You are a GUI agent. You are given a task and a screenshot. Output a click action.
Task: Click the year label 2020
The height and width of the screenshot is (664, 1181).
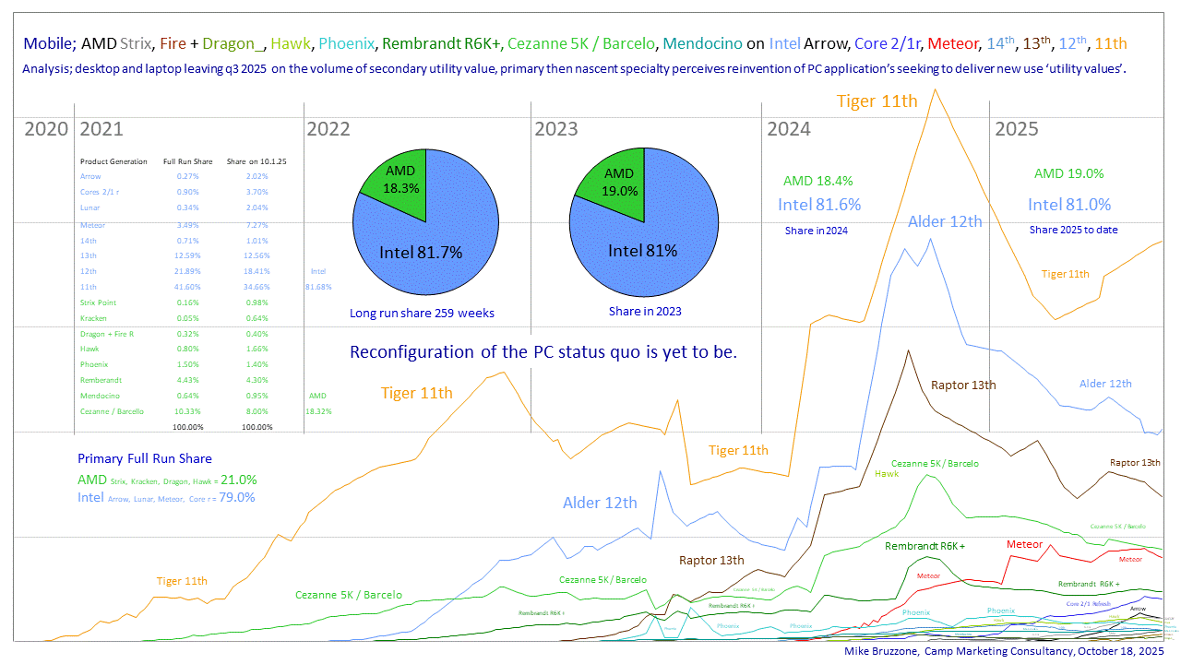(x=46, y=129)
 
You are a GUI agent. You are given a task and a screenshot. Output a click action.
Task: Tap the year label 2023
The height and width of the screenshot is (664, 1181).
(x=556, y=129)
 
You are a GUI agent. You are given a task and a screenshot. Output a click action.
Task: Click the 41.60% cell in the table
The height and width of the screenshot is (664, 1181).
(x=188, y=287)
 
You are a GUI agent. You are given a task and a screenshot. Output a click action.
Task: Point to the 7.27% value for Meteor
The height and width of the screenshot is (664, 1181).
(x=245, y=224)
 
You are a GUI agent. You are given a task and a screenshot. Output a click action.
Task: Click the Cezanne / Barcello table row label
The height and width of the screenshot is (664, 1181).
(x=112, y=411)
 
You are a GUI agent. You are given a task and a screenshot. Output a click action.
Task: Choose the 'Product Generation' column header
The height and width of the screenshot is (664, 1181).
(x=113, y=161)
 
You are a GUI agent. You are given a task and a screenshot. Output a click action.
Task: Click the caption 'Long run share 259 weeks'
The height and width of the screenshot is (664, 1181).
(x=422, y=314)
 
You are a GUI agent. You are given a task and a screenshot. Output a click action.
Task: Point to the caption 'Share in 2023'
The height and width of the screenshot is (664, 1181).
(x=645, y=312)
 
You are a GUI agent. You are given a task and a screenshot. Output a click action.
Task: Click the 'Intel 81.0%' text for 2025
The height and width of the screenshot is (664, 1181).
(x=1069, y=205)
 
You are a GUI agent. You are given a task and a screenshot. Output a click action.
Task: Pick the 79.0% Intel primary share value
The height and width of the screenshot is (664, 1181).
(x=236, y=497)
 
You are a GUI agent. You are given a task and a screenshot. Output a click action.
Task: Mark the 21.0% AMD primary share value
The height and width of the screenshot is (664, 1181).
(x=238, y=480)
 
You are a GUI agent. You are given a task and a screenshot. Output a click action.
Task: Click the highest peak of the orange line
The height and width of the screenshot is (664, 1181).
(x=936, y=89)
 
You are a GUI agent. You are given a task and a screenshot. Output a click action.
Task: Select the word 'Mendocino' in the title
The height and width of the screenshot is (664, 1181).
(x=702, y=43)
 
